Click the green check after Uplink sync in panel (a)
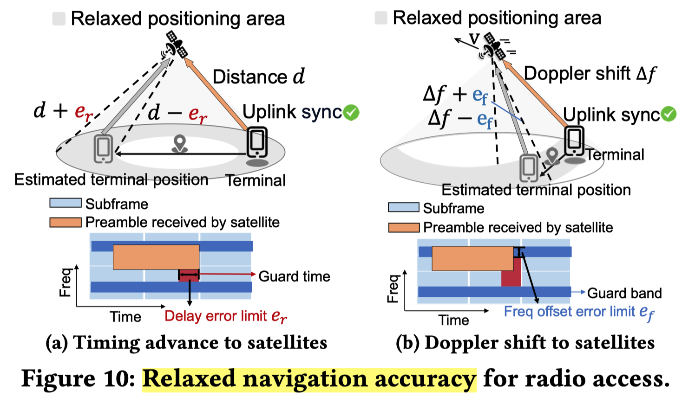[x=352, y=112]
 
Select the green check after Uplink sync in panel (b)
[x=669, y=114]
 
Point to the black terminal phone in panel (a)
[x=257, y=142]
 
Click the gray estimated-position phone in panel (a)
[x=103, y=148]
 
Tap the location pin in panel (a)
[x=179, y=143]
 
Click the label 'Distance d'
[x=258, y=77]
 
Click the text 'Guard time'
[x=294, y=276]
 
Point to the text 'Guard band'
[x=624, y=293]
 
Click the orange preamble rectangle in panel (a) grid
[x=156, y=257]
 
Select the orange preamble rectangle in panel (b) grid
[x=472, y=258]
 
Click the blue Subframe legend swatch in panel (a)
[x=66, y=203]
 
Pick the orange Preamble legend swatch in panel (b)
[x=404, y=227]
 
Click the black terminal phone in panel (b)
[x=575, y=141]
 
